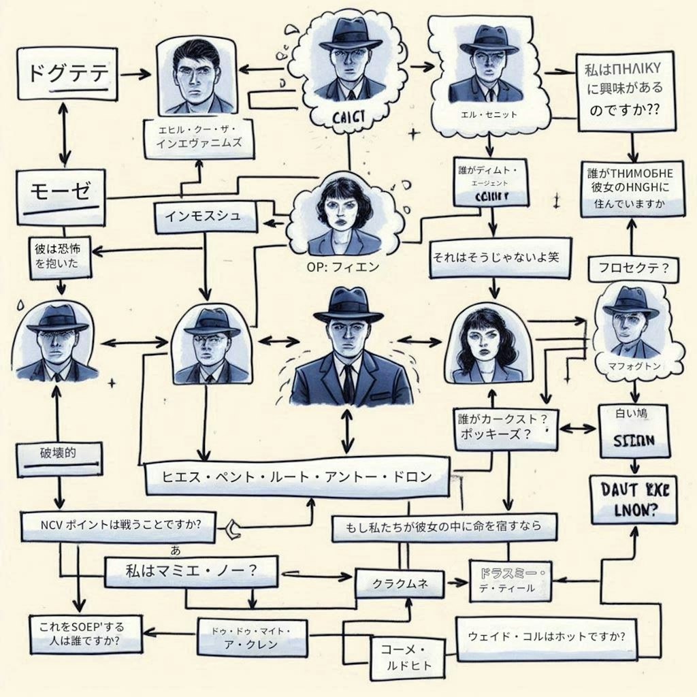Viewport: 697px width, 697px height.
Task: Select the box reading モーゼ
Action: (61, 193)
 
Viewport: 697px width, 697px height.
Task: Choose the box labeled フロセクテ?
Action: (633, 268)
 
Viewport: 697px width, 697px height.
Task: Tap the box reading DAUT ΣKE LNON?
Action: (634, 499)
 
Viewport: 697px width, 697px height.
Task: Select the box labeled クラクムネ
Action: (400, 583)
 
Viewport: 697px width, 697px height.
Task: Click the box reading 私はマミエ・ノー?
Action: (191, 570)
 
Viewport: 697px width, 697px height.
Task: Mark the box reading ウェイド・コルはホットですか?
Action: (547, 638)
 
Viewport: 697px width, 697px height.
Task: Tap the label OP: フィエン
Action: (338, 267)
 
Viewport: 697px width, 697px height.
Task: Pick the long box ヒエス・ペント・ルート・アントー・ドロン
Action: (297, 477)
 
